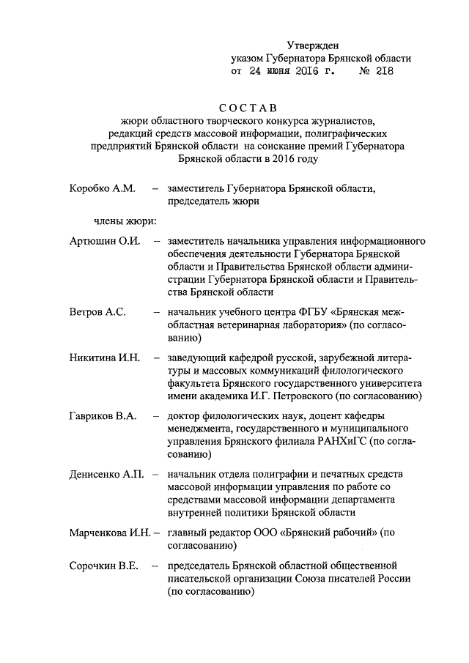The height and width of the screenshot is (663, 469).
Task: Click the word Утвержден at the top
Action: coord(312,45)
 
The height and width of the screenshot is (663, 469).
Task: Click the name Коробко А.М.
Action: coord(102,188)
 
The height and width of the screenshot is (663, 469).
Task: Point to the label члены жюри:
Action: coord(122,220)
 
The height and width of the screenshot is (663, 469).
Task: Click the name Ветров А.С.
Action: coord(98,312)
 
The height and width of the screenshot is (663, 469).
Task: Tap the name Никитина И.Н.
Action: coord(106,358)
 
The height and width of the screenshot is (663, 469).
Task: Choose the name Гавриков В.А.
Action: coord(103,416)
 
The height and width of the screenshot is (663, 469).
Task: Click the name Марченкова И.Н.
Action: coord(109,532)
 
